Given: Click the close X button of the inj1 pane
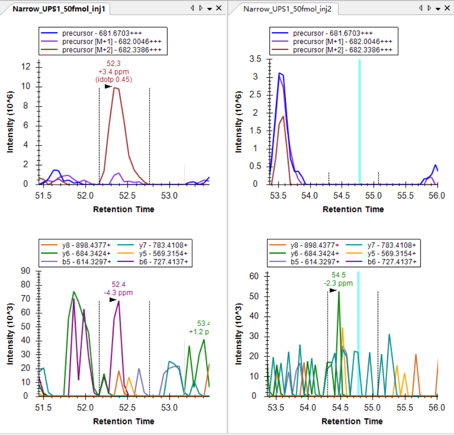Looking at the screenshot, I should coord(219,8).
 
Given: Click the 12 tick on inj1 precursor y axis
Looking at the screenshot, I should coord(26,67).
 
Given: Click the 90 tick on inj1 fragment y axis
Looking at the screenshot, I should coord(26,272).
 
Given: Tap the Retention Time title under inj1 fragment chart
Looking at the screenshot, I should coord(124,421).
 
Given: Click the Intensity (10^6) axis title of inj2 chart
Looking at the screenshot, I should coord(239,121).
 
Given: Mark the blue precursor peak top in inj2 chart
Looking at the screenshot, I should coord(280,73).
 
